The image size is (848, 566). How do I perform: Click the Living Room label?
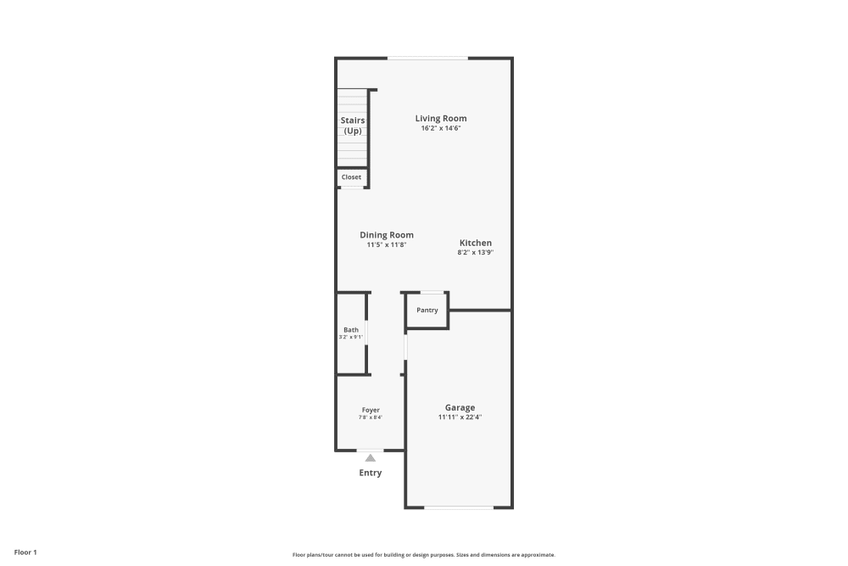[440, 119]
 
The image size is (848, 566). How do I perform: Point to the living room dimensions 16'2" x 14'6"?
[440, 128]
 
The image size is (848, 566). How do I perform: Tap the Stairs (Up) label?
[353, 126]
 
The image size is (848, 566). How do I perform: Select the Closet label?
[351, 177]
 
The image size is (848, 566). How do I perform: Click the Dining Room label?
[387, 235]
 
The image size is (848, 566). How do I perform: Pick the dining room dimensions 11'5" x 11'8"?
[387, 245]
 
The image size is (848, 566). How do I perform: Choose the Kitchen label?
[475, 243]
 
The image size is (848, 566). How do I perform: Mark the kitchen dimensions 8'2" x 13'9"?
[475, 252]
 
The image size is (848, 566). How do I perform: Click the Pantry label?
[427, 311]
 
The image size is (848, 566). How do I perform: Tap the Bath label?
[351, 330]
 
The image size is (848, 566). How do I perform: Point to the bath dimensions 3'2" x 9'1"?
[351, 338]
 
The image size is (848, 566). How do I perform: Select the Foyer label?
[371, 410]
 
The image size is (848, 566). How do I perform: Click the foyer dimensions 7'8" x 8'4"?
[371, 417]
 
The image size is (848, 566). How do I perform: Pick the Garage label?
[460, 407]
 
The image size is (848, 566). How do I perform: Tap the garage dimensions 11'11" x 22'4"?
[460, 417]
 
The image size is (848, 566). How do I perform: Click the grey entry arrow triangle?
[371, 458]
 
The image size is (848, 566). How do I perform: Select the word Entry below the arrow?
[371, 473]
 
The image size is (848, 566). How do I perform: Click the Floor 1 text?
[25, 552]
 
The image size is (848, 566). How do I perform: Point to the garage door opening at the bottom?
[459, 507]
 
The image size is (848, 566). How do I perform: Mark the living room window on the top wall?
[427, 58]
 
